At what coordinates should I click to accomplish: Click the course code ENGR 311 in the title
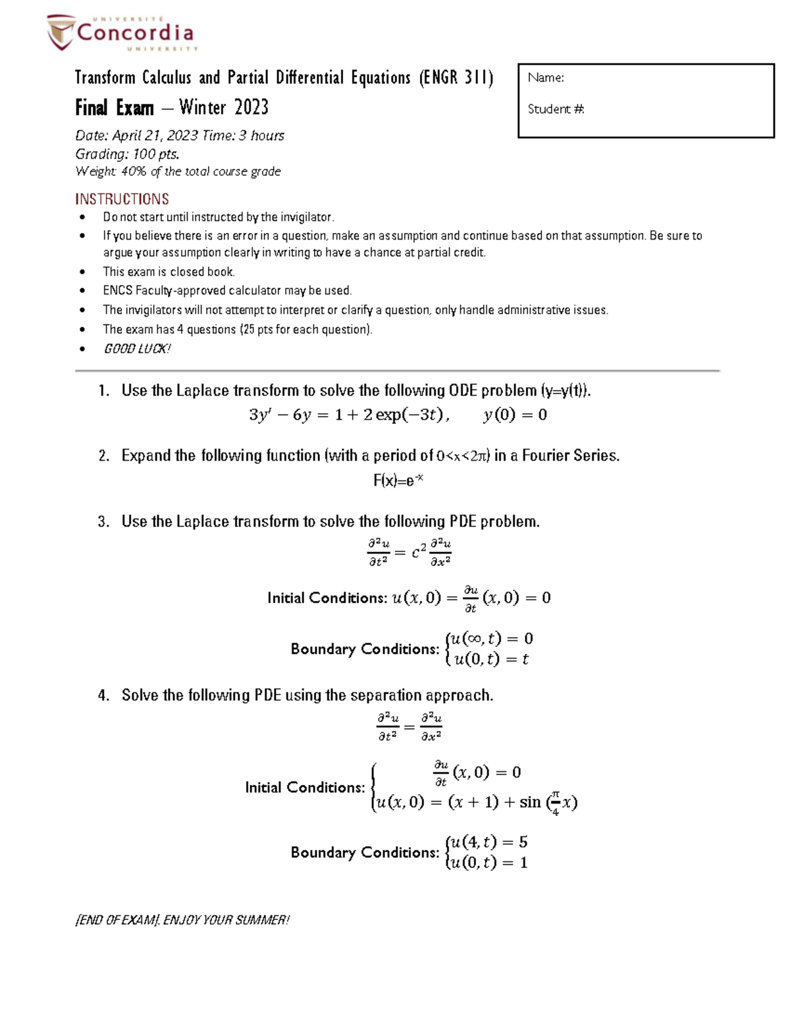(x=456, y=78)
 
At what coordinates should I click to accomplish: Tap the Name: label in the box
(x=546, y=78)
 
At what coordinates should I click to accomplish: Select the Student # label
(x=556, y=109)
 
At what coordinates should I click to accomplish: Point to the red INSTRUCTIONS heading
(x=122, y=199)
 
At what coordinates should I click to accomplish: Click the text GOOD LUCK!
(x=137, y=349)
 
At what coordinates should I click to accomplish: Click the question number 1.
(x=103, y=391)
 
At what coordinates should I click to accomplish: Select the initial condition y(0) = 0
(x=515, y=415)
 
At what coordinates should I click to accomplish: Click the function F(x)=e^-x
(x=398, y=480)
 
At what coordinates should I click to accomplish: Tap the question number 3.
(x=103, y=522)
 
